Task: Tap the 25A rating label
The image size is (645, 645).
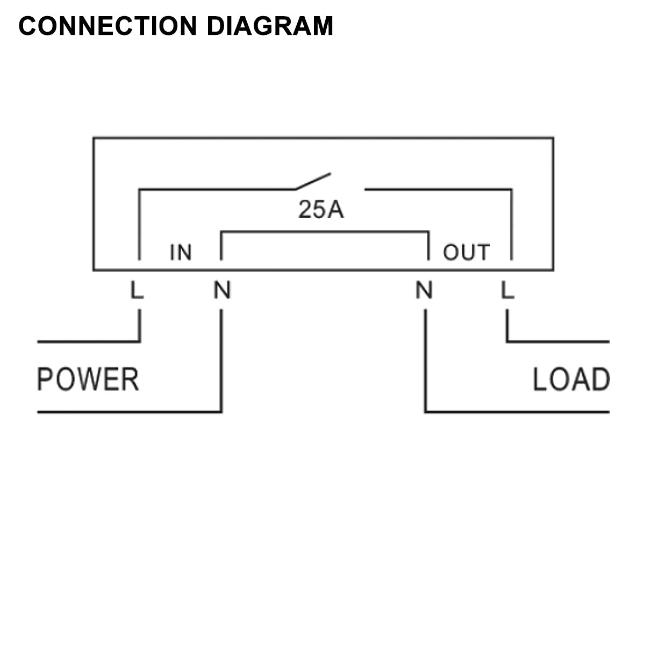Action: (x=321, y=210)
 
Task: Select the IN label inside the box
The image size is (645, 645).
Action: (x=181, y=252)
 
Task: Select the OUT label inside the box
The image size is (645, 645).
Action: (x=466, y=252)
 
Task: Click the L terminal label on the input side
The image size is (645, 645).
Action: (x=137, y=290)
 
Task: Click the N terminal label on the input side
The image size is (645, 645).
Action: (x=222, y=290)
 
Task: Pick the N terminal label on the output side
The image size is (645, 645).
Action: (x=424, y=290)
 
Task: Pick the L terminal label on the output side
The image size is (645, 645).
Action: (x=507, y=290)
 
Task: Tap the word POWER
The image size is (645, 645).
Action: (x=88, y=379)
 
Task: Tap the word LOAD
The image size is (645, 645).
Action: (x=570, y=379)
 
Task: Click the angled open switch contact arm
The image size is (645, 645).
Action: (x=312, y=181)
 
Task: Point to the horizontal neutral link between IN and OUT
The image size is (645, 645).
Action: (x=325, y=232)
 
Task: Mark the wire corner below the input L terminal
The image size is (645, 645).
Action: (x=140, y=341)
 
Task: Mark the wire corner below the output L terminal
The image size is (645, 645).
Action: (x=507, y=341)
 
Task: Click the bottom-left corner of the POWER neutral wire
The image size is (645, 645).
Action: (x=221, y=412)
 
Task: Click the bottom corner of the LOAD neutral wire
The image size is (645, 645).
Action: (x=425, y=412)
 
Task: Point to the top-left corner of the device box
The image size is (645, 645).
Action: (x=94, y=138)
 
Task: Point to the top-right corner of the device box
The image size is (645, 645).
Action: (x=553, y=138)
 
